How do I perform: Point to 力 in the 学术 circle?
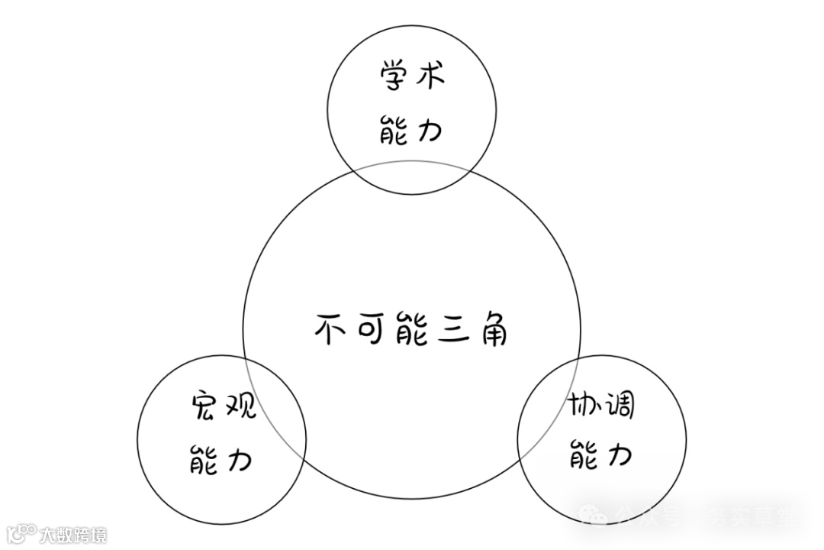point(430,131)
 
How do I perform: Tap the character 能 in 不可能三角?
point(412,330)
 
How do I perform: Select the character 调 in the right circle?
point(620,406)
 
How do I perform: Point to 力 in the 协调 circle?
point(620,457)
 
